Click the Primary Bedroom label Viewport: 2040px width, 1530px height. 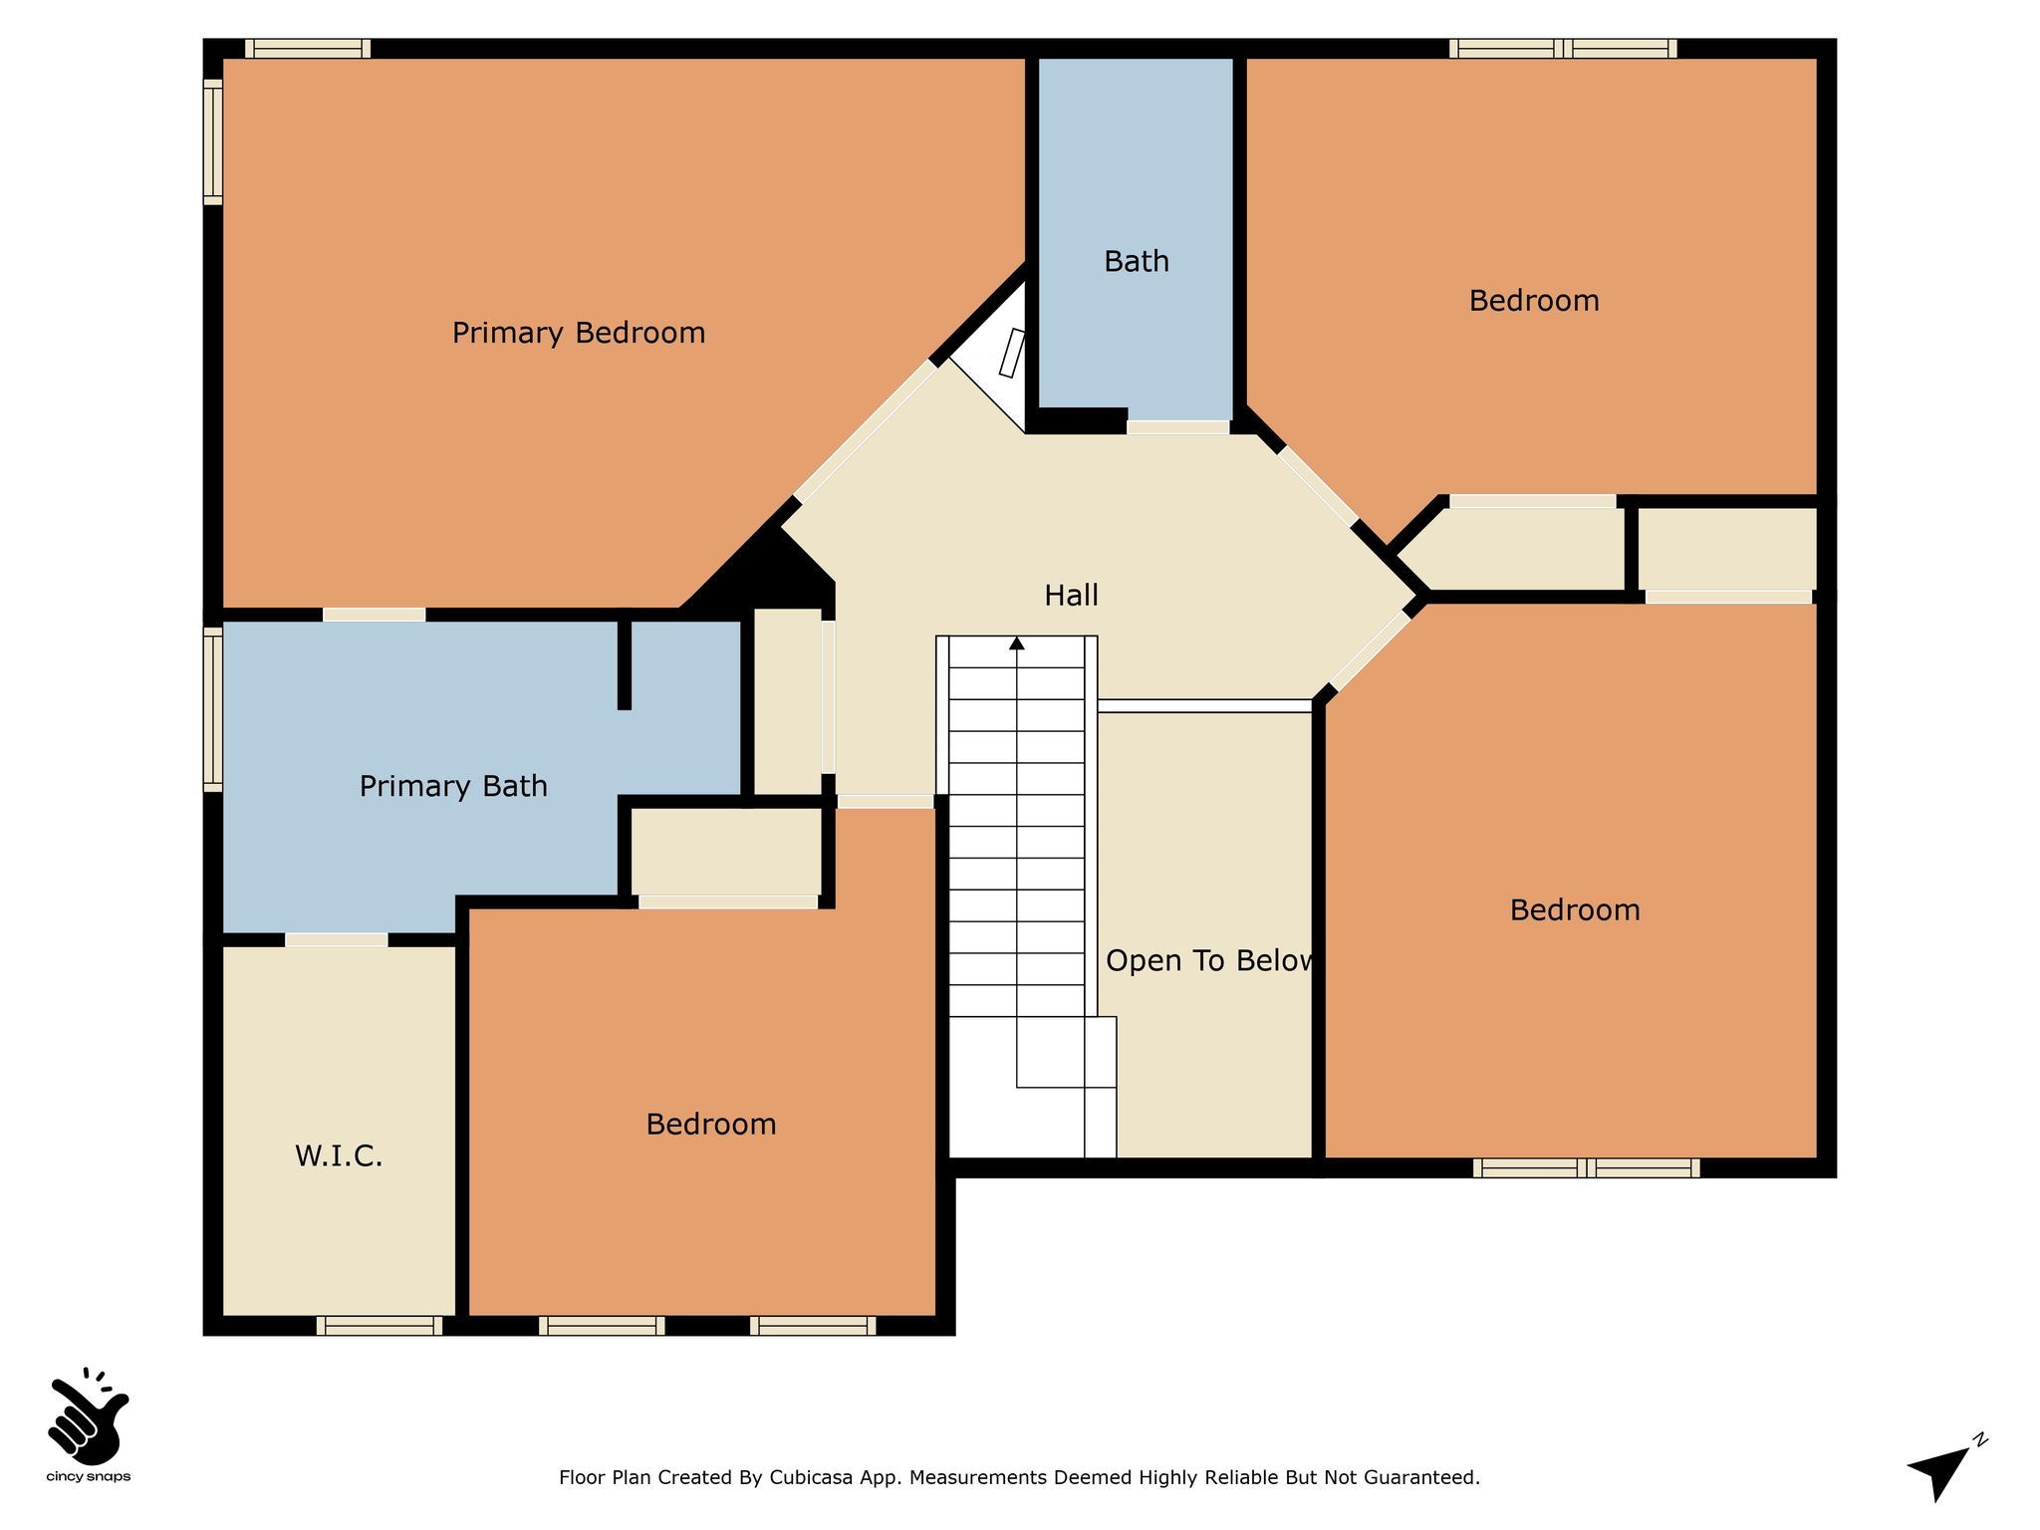click(579, 333)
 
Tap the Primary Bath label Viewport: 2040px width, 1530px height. click(453, 787)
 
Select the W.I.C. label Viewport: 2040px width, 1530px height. click(339, 1156)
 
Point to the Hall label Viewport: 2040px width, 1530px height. click(1071, 596)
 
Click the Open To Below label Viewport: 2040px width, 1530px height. click(1210, 961)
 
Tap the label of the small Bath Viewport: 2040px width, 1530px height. click(1137, 262)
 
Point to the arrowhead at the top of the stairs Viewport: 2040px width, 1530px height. click(1017, 643)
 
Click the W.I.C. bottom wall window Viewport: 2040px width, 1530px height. click(380, 1326)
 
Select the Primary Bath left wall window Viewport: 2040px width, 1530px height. click(212, 710)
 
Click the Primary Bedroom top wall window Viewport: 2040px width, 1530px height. click(308, 48)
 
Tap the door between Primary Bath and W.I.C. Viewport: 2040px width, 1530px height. click(337, 939)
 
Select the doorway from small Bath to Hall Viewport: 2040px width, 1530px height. click(1178, 427)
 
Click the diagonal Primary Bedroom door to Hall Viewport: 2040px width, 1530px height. click(867, 430)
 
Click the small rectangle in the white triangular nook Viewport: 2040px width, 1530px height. click(1012, 354)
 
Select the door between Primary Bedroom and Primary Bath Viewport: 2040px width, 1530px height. click(375, 615)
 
